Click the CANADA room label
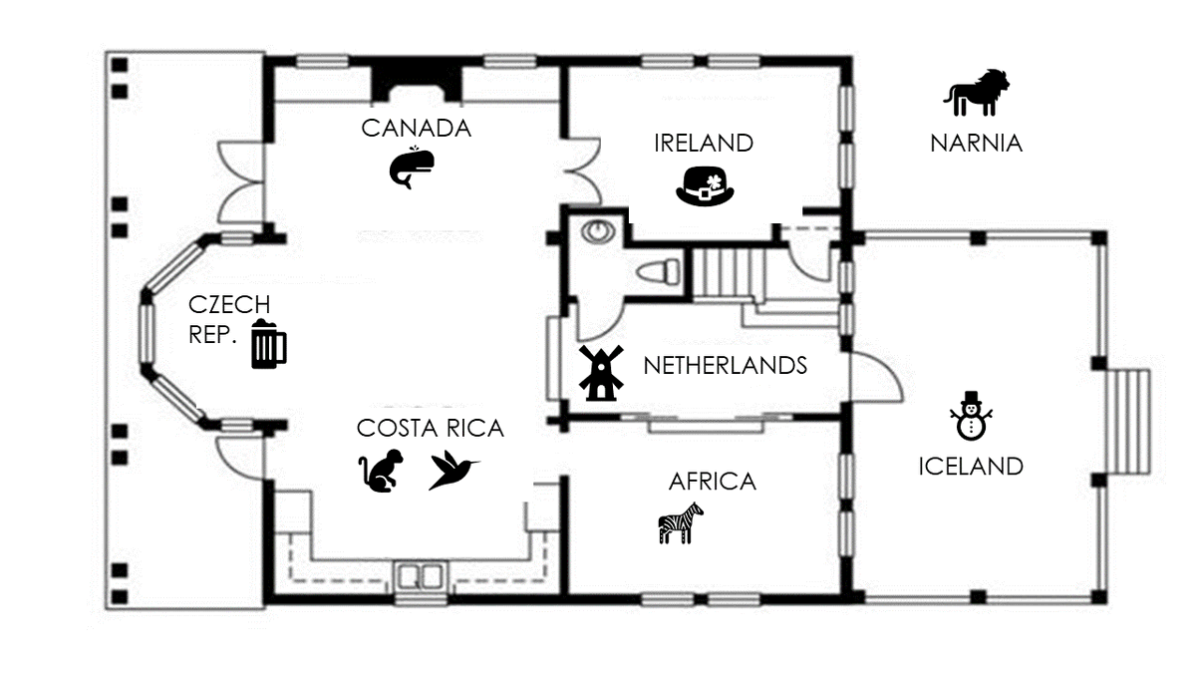click(416, 129)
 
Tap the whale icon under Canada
click(411, 168)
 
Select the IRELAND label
click(704, 144)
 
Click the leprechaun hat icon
click(705, 186)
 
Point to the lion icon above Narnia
click(977, 93)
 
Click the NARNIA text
click(976, 144)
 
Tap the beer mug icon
click(268, 343)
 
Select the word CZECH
click(229, 305)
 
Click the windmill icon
click(601, 373)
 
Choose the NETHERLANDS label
click(726, 366)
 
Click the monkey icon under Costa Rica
click(381, 471)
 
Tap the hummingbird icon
click(454, 470)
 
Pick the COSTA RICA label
click(431, 429)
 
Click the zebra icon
click(681, 522)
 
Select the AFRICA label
click(713, 482)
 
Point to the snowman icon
click(971, 416)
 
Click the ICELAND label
click(971, 467)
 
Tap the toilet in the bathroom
click(659, 271)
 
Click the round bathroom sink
click(599, 231)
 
